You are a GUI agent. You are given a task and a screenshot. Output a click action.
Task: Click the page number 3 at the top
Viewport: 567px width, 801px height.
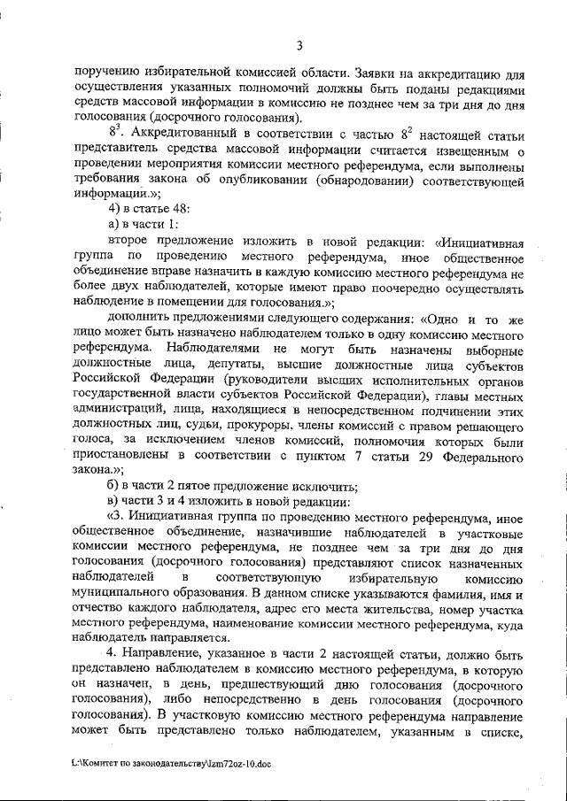[x=299, y=46]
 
